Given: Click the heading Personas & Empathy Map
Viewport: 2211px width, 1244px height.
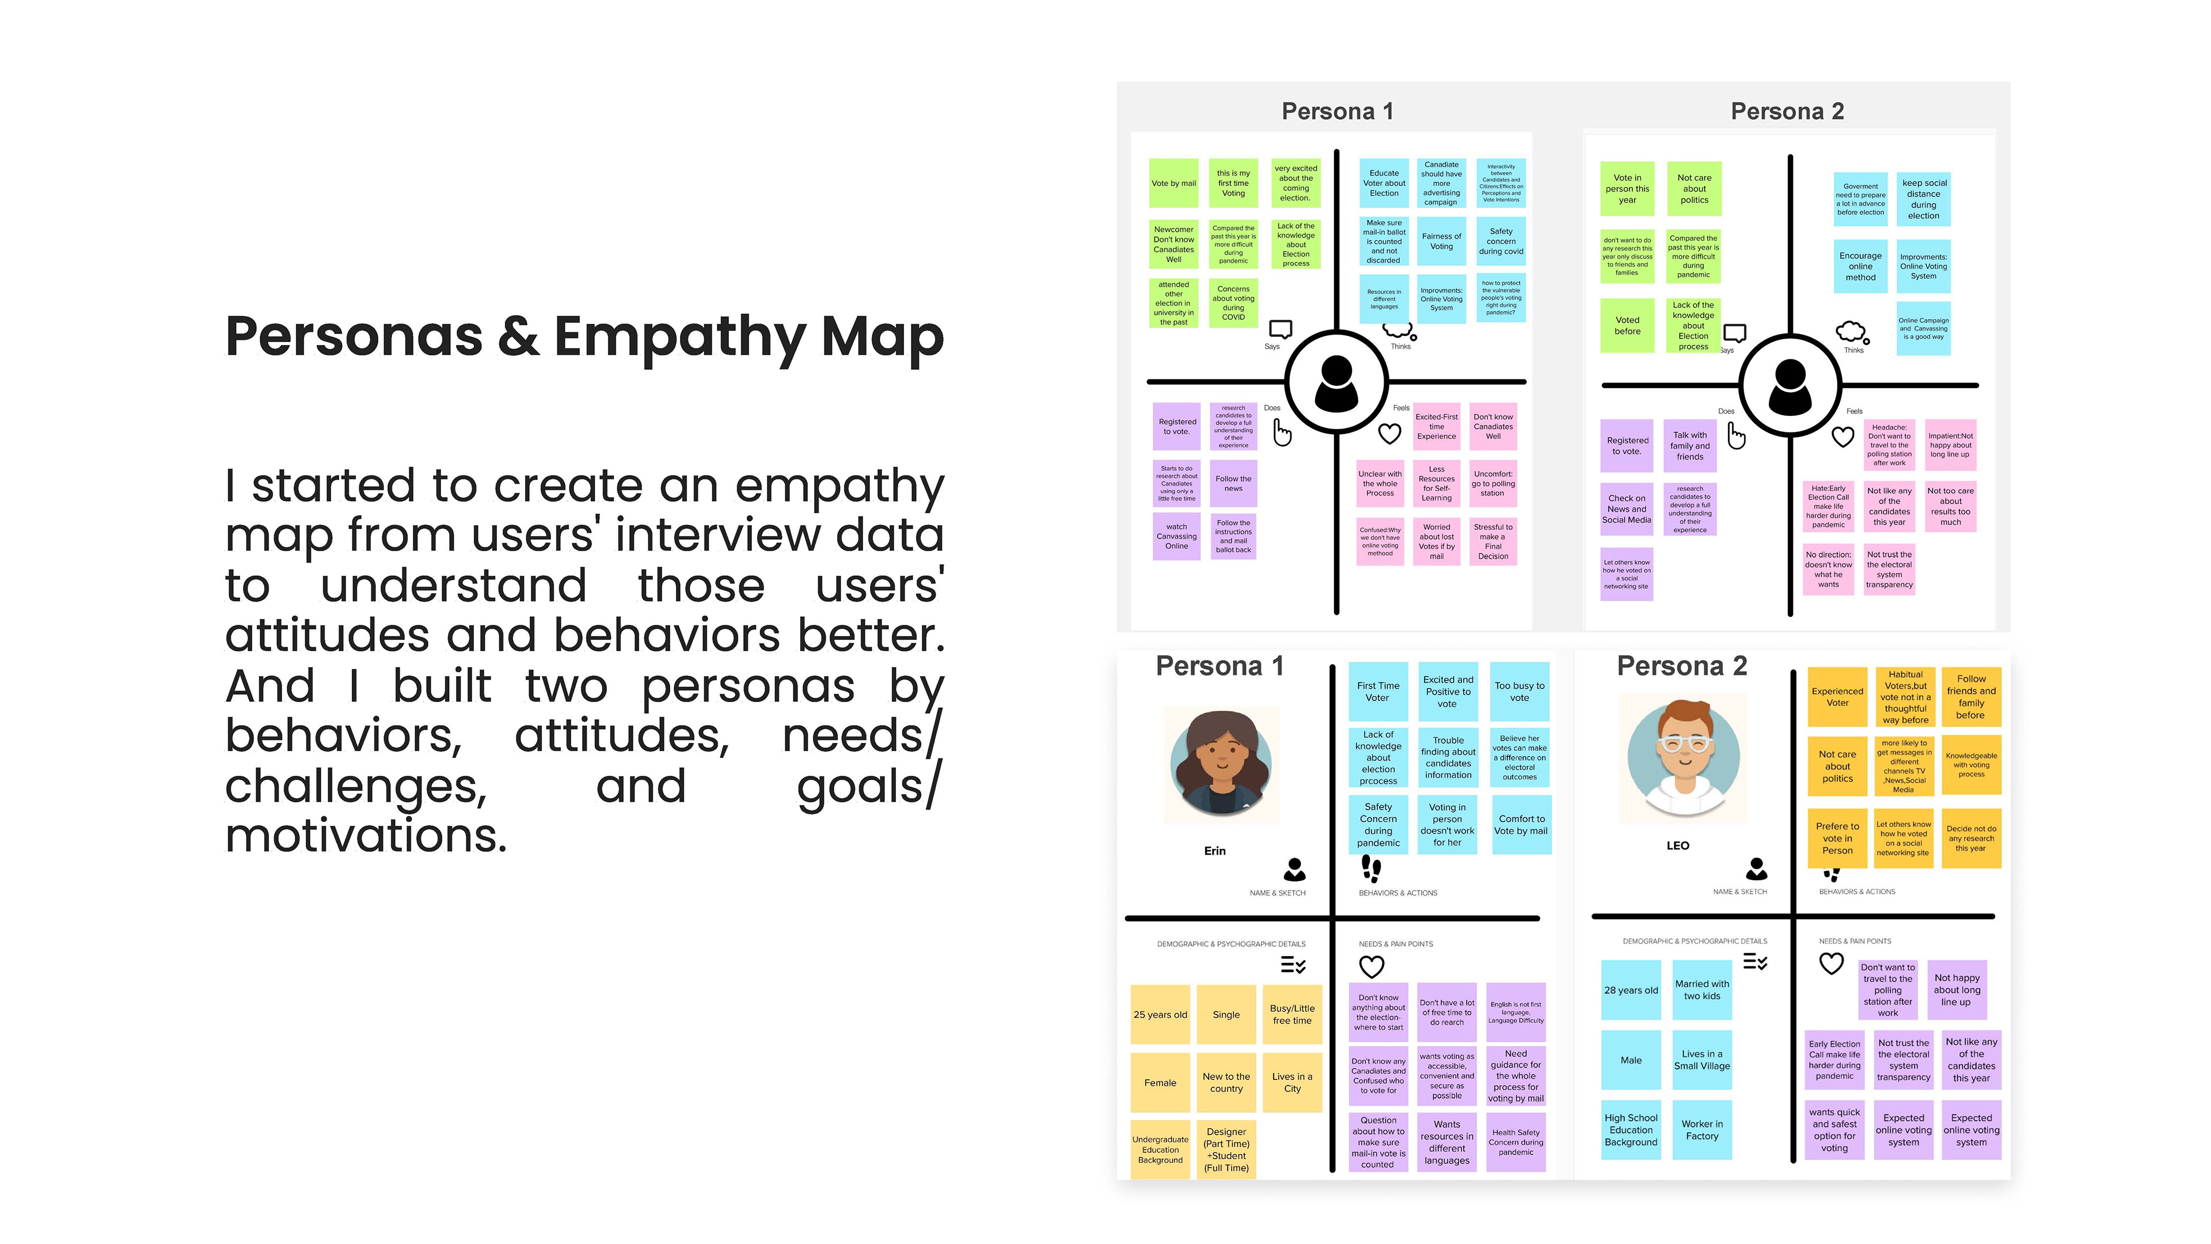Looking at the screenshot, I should (584, 336).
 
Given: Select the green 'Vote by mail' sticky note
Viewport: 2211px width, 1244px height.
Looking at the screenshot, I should (1173, 183).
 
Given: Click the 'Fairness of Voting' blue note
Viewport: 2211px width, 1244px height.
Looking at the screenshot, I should (1441, 241).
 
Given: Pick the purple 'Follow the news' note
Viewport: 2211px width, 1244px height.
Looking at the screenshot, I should (1233, 483).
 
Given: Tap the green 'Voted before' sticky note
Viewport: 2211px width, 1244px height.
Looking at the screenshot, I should (1627, 325).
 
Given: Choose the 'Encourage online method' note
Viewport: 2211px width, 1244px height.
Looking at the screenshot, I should (1860, 266).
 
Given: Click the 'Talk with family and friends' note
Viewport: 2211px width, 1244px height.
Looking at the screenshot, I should (1689, 446).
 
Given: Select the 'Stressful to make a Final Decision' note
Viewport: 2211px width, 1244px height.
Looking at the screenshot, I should (1492, 542).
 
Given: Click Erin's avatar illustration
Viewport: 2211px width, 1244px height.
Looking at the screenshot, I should (1221, 763).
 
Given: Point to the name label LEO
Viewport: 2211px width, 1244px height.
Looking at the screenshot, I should (1677, 845).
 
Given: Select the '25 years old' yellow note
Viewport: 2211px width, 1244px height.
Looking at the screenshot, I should (1160, 1015).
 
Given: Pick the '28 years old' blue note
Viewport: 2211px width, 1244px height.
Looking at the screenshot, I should (1630, 990).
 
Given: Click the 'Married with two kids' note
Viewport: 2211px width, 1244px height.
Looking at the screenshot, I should (1701, 990).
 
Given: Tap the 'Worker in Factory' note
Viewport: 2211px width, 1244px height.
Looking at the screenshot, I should (1701, 1130).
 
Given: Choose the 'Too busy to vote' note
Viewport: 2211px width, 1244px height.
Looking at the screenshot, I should (1519, 691).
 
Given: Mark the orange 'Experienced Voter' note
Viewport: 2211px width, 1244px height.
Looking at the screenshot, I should (1837, 696).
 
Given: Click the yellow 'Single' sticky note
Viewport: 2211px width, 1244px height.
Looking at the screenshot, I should (1226, 1015).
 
